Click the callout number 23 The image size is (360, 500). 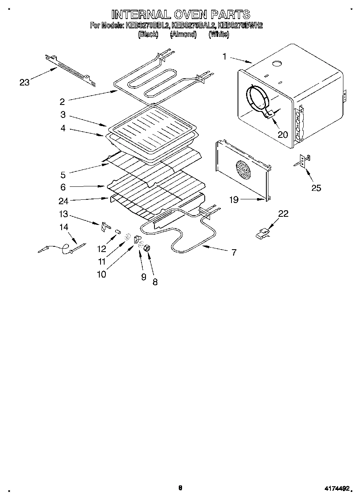(x=25, y=82)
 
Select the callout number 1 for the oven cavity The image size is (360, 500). (x=225, y=56)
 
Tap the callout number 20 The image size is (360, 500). (x=283, y=135)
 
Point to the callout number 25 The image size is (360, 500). (x=316, y=187)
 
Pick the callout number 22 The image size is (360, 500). (x=283, y=214)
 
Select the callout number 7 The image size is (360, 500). (x=234, y=252)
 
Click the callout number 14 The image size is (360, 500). (x=64, y=227)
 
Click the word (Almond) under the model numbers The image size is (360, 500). (x=183, y=35)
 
